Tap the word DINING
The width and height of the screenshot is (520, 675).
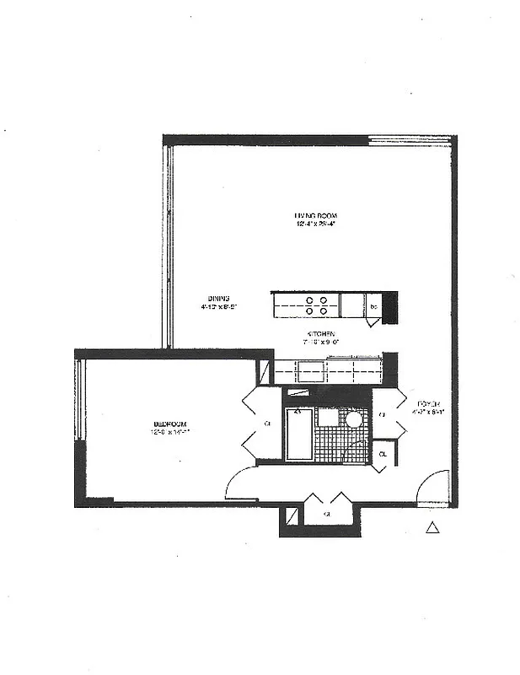pyautogui.click(x=219, y=298)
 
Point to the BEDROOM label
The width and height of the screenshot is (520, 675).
pyautogui.click(x=169, y=424)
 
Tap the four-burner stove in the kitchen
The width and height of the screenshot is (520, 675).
pyautogui.click(x=317, y=305)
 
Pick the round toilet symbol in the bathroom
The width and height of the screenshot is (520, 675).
pyautogui.click(x=354, y=419)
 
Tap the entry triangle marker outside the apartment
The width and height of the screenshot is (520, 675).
pyautogui.click(x=432, y=528)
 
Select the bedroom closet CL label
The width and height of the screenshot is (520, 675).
pyautogui.click(x=267, y=423)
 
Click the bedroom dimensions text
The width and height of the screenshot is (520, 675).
pyautogui.click(x=169, y=433)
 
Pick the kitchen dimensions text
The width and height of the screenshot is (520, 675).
pyautogui.click(x=322, y=343)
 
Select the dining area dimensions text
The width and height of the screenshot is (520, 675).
pyautogui.click(x=219, y=308)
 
